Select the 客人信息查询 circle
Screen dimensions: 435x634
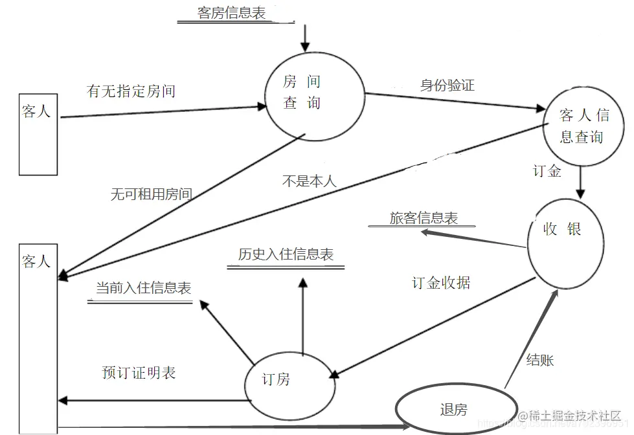[x=583, y=126]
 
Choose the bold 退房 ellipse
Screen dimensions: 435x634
[x=452, y=409]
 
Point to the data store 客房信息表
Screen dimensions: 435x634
[x=231, y=13]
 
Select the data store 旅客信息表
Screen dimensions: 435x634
[x=424, y=218]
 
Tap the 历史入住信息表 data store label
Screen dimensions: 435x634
[x=286, y=254]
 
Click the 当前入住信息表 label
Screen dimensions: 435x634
[x=143, y=288]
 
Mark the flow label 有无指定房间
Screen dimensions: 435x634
[x=131, y=91]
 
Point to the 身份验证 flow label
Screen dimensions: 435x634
[x=447, y=85]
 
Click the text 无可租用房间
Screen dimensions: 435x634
[x=151, y=194]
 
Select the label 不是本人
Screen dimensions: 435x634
[x=310, y=181]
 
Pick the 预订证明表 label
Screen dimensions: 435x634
[x=139, y=373]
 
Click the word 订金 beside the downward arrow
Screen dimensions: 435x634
[x=547, y=172]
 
